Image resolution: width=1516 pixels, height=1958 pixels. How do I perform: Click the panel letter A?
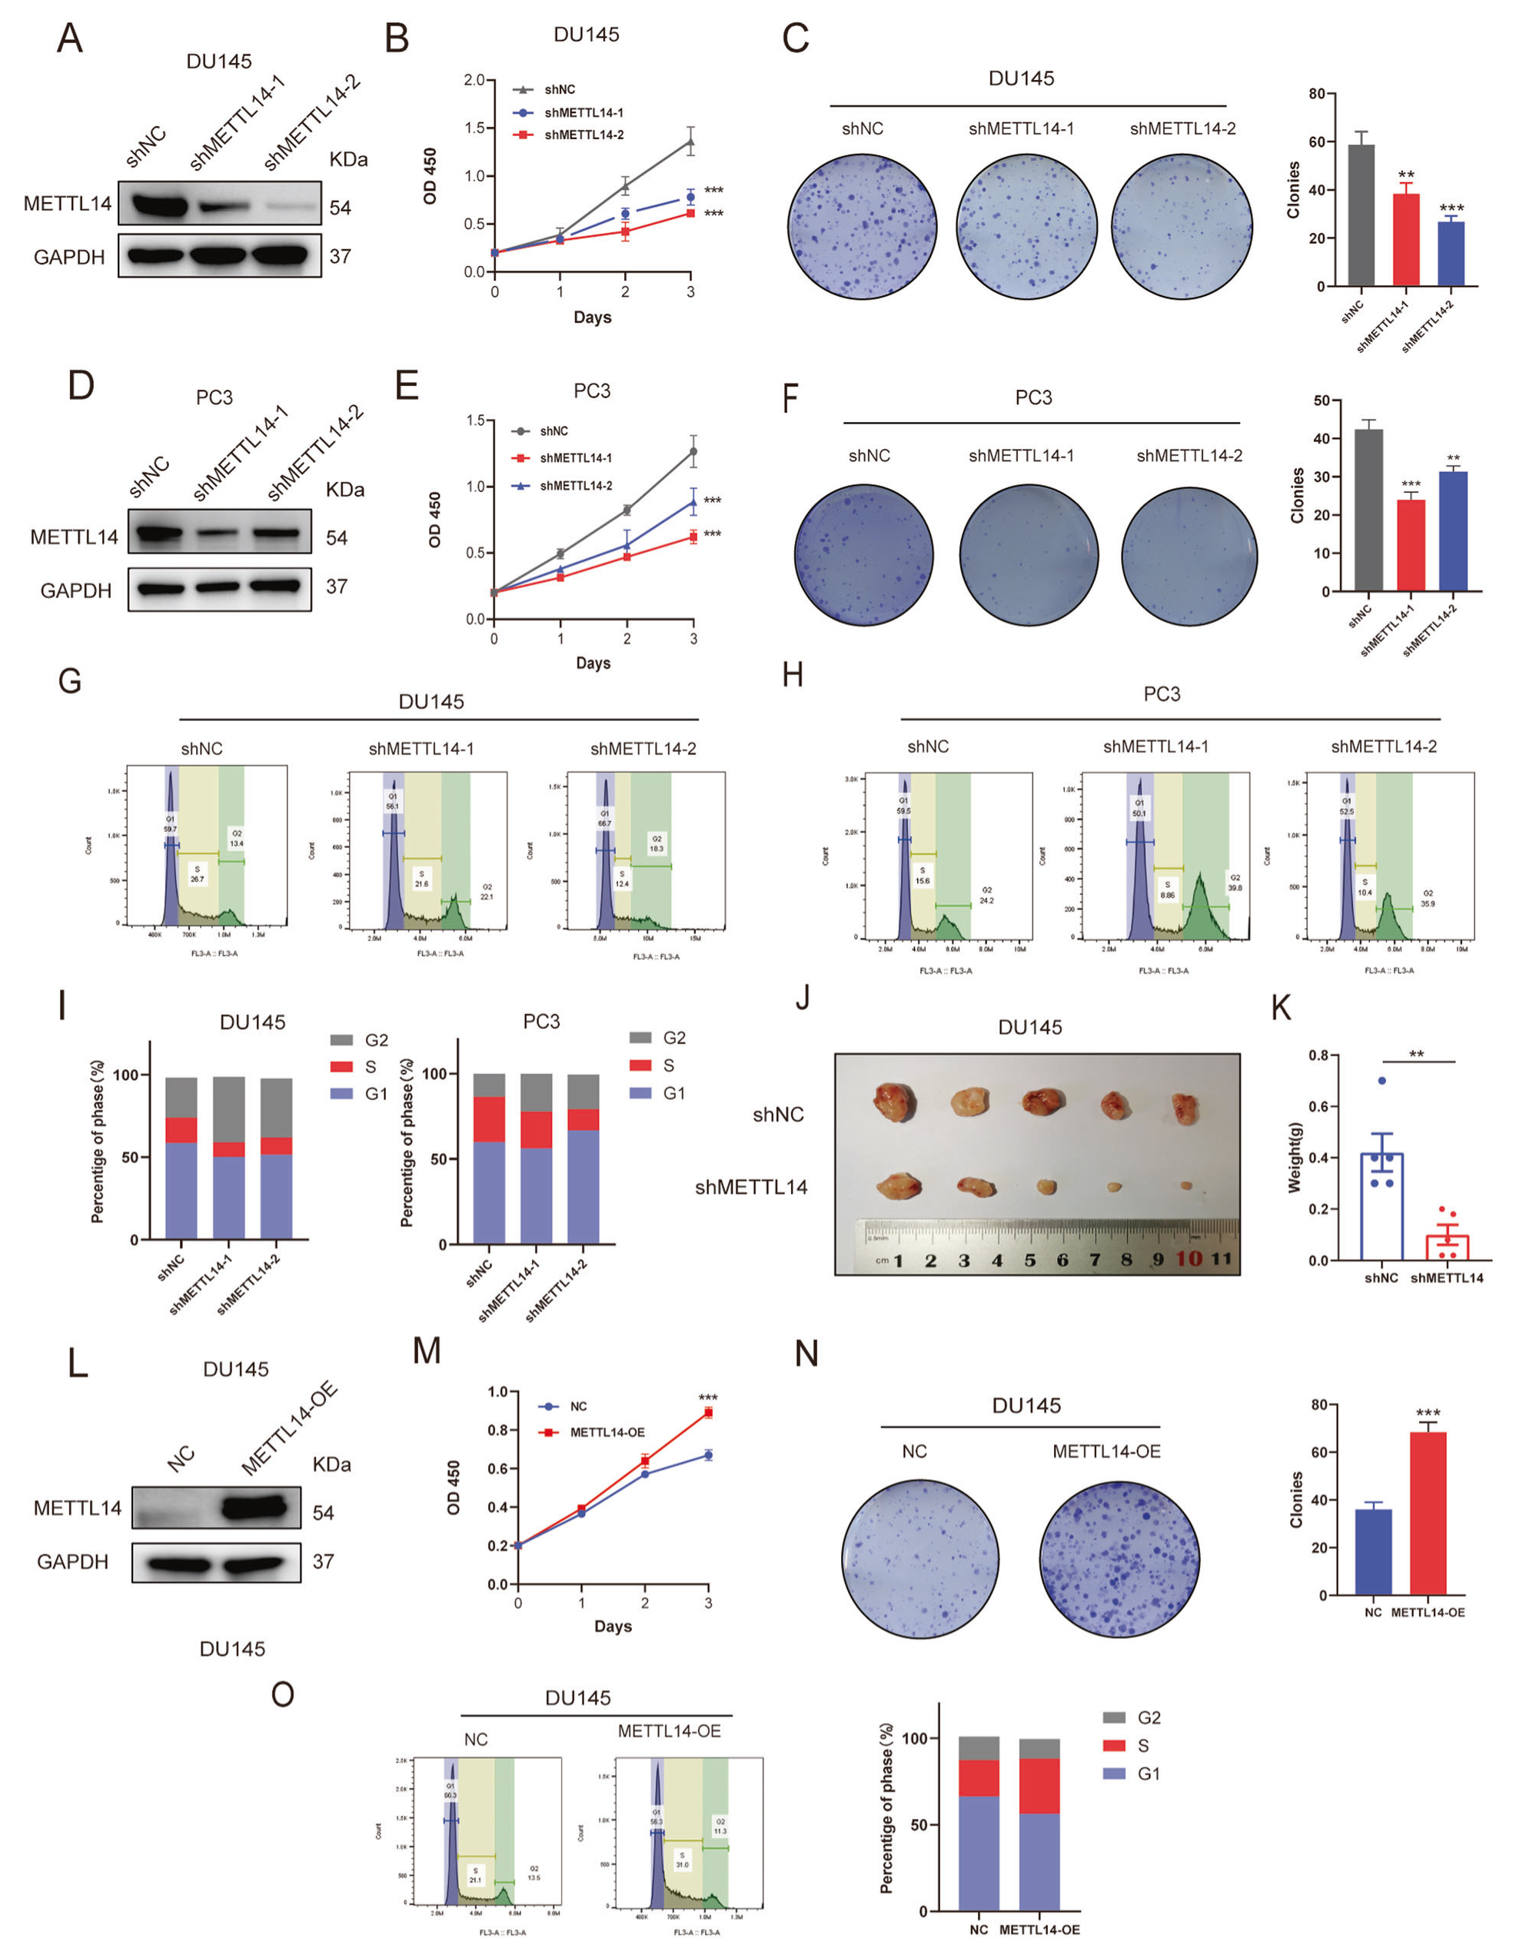(69, 39)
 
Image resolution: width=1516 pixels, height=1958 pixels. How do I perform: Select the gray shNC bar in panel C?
(1360, 215)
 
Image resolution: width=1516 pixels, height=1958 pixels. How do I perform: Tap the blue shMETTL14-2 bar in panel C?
(1451, 254)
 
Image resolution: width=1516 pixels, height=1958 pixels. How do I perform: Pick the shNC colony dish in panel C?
(863, 227)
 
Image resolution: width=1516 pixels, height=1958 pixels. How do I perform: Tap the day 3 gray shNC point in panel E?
(693, 452)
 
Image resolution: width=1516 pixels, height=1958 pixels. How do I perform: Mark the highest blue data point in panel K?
(1381, 1080)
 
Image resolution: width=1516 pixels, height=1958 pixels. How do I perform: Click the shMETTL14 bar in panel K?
(1447, 1247)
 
